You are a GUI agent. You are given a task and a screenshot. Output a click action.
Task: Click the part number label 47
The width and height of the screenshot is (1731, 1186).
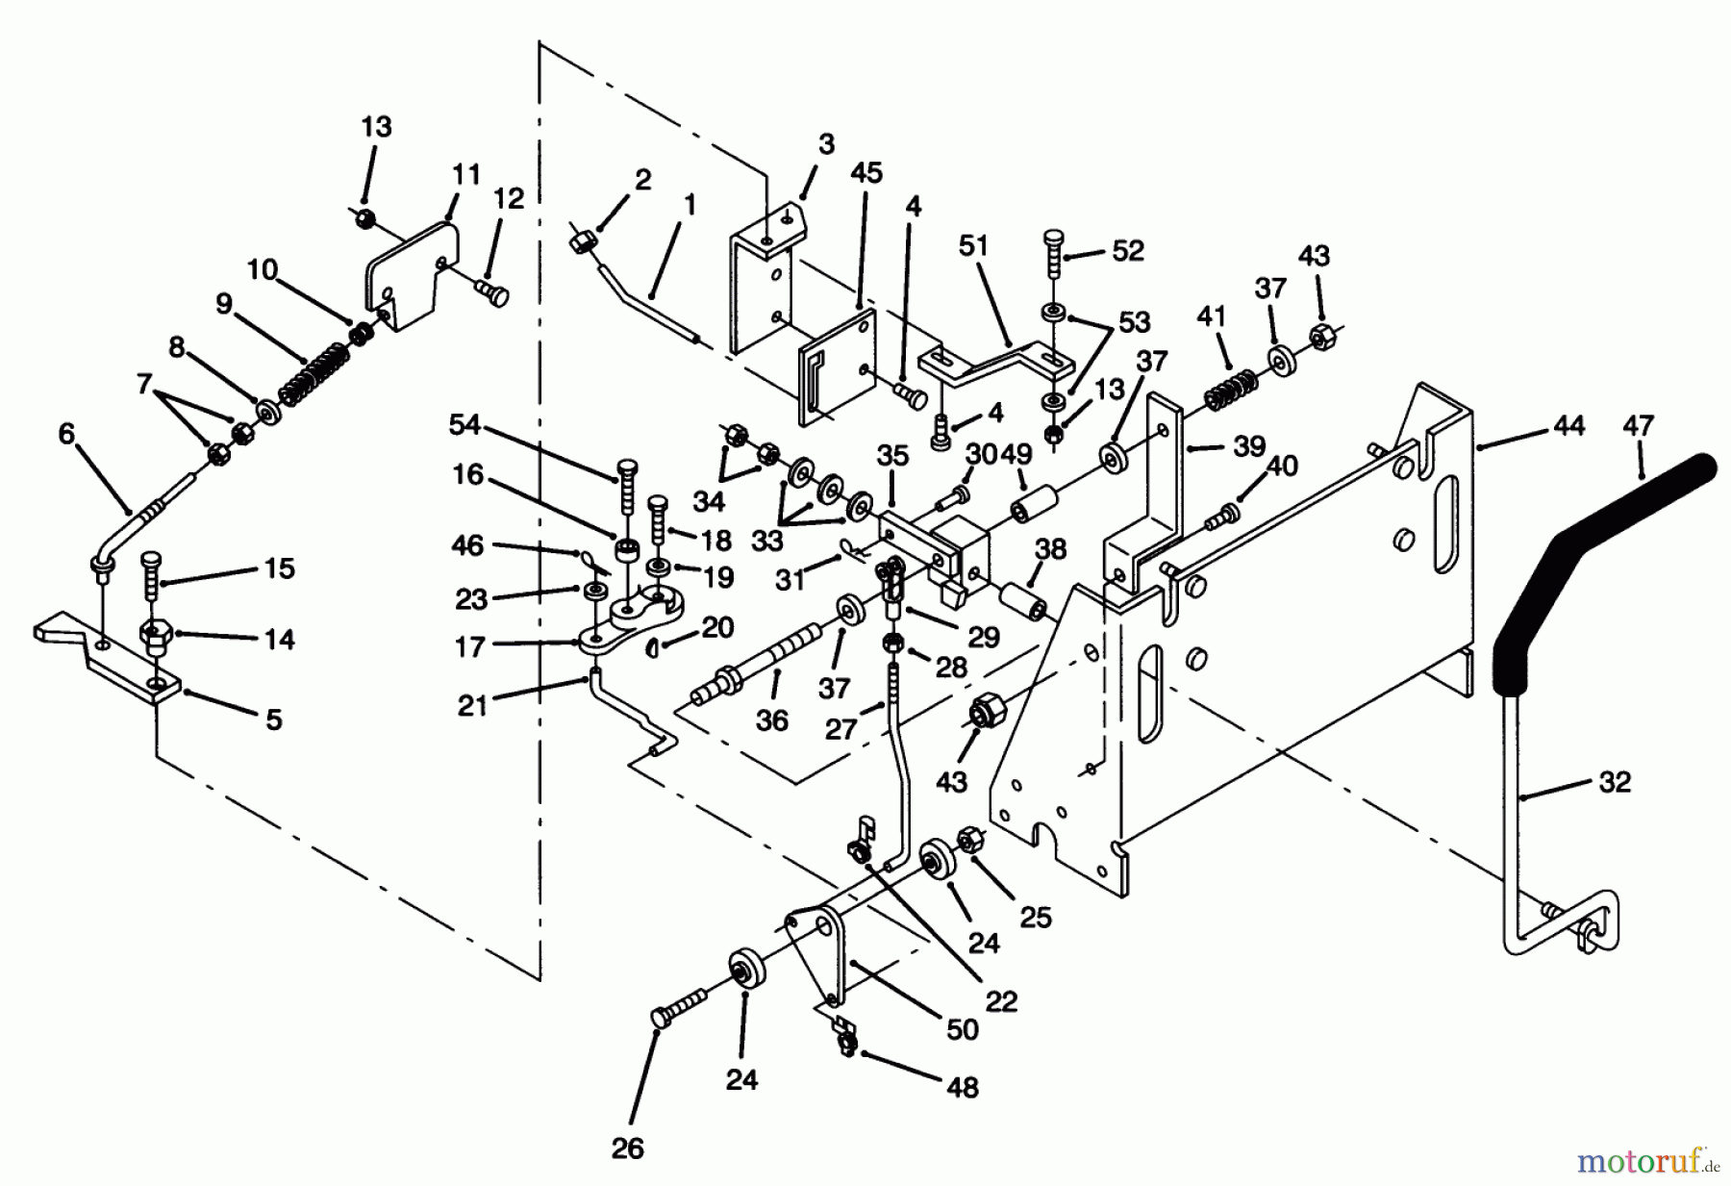[1638, 425]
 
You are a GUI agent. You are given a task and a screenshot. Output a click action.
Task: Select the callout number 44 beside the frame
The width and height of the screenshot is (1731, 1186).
[1568, 425]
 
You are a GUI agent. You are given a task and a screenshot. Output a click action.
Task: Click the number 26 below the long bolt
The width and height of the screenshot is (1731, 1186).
[627, 1148]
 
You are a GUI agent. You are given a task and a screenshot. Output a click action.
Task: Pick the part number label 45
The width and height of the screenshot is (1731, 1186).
[866, 173]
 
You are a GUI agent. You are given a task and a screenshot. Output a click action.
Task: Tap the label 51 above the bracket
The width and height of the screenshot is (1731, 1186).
[973, 245]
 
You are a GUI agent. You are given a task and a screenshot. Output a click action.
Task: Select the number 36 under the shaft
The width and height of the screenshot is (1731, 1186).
[772, 720]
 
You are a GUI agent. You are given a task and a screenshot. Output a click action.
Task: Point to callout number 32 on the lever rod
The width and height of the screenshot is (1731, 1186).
[1615, 782]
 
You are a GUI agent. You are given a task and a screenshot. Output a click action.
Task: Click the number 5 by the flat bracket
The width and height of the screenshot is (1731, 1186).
[274, 719]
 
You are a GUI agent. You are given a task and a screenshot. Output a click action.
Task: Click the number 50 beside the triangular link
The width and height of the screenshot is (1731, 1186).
[962, 1029]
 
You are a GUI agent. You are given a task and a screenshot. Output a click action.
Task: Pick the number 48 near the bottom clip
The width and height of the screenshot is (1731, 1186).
[962, 1087]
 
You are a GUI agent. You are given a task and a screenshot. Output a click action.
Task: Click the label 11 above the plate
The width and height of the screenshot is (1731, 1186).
[466, 175]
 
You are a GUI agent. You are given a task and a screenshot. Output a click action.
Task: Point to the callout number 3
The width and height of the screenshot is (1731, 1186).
[827, 144]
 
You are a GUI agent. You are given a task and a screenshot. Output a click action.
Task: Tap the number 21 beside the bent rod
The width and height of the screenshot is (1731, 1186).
[472, 706]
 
